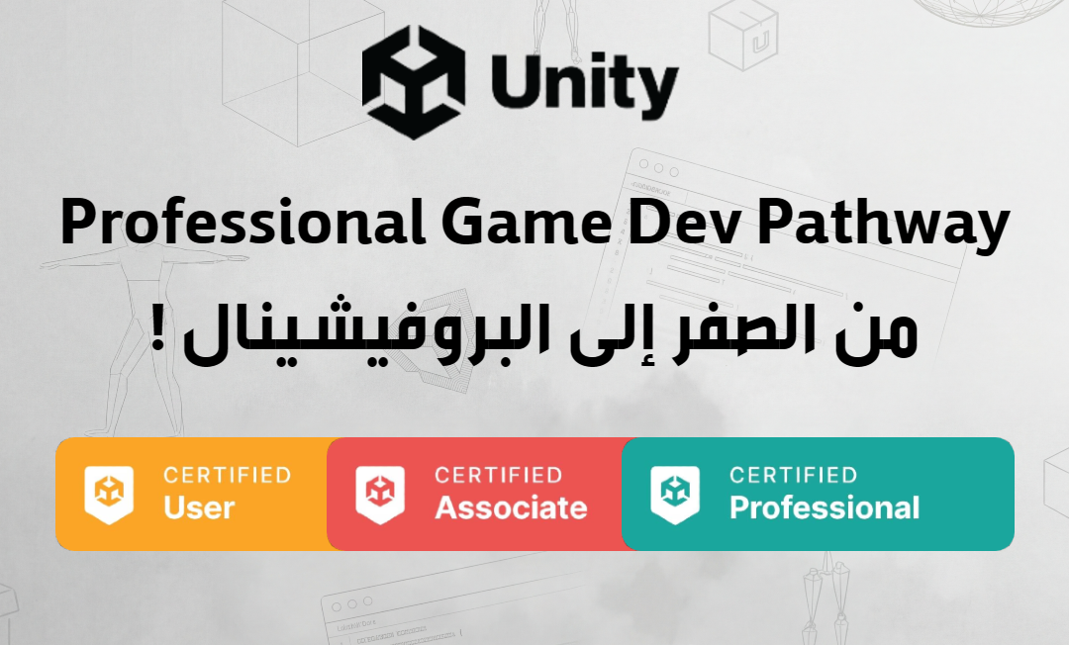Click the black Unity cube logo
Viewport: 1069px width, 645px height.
413,82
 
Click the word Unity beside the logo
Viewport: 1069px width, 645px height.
584,84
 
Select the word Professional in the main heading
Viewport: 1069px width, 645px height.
243,223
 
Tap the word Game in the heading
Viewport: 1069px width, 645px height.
527,223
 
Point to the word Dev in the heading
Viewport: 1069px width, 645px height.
684,223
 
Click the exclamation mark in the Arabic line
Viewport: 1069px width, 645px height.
158,330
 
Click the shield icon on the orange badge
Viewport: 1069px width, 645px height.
109,494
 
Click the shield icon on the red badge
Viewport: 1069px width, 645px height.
380,494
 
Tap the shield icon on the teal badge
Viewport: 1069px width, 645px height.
675,494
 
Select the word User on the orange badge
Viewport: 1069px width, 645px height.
199,508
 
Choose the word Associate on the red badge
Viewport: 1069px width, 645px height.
512,508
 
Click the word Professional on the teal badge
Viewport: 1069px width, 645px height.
825,508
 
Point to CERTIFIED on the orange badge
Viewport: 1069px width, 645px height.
228,475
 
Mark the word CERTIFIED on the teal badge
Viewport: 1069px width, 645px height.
794,475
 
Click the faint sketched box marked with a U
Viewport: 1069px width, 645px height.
743,35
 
